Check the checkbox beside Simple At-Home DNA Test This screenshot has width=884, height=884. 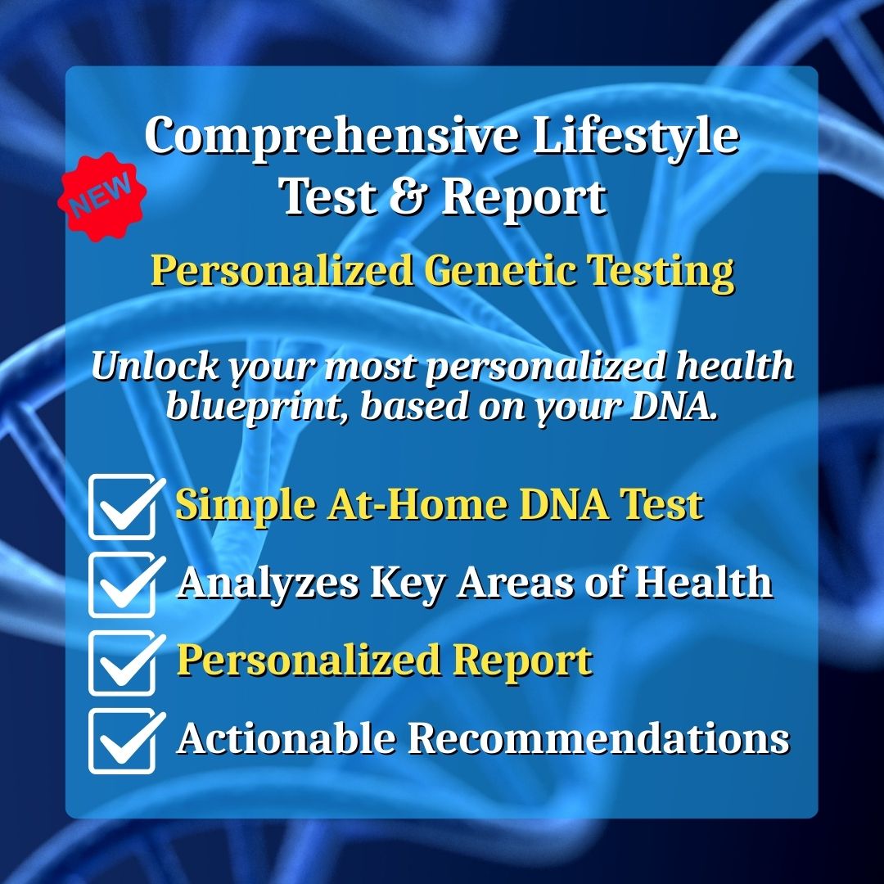click(123, 507)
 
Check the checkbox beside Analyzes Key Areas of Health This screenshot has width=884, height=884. click(123, 584)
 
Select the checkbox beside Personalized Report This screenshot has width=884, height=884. click(123, 661)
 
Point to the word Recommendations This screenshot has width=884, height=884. click(598, 738)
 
